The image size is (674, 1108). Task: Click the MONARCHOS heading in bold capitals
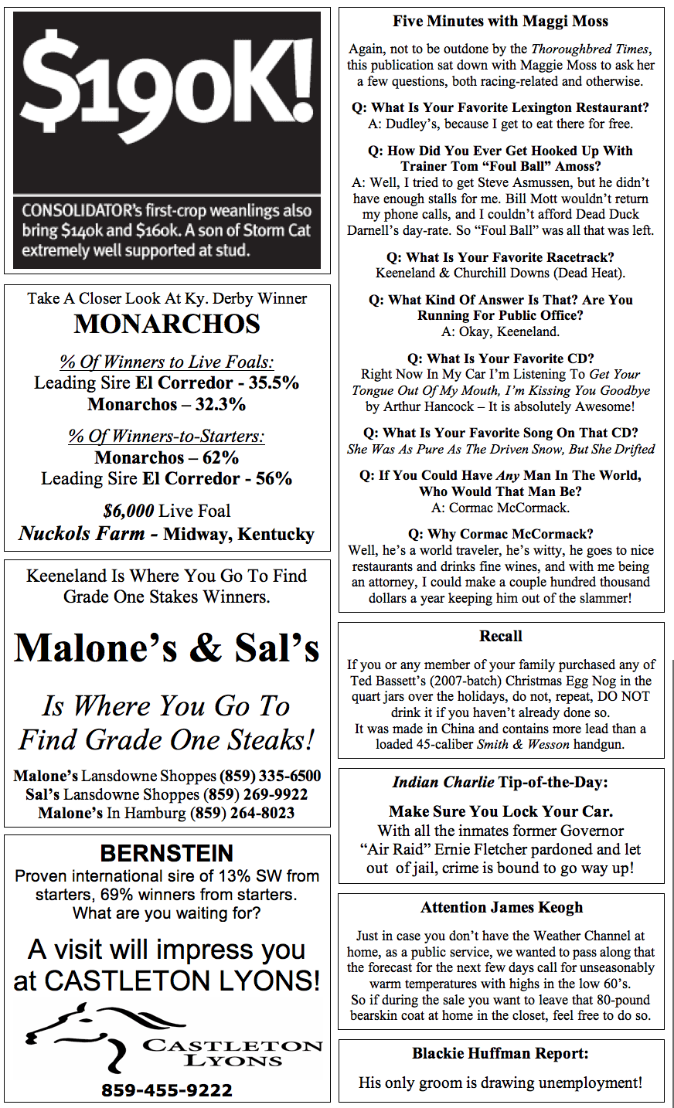pos(167,324)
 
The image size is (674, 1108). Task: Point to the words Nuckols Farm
pos(82,534)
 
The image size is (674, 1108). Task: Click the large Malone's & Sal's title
pos(167,647)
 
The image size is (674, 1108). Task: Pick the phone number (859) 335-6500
pos(270,776)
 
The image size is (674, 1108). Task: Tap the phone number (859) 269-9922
pos(255,794)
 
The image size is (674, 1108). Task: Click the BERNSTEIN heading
pos(167,853)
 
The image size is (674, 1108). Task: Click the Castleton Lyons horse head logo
pos(73,1035)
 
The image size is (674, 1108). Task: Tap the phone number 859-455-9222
pos(167,1090)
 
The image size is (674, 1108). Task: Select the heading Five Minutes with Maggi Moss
pos(501,22)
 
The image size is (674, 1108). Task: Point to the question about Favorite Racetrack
pos(501,257)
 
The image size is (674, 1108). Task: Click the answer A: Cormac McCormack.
pos(501,508)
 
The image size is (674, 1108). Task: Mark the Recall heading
pos(501,636)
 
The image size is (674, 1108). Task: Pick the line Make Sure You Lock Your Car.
pos(501,811)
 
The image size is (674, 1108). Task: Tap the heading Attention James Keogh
pos(501,907)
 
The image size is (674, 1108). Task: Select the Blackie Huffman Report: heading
pos(501,1053)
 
